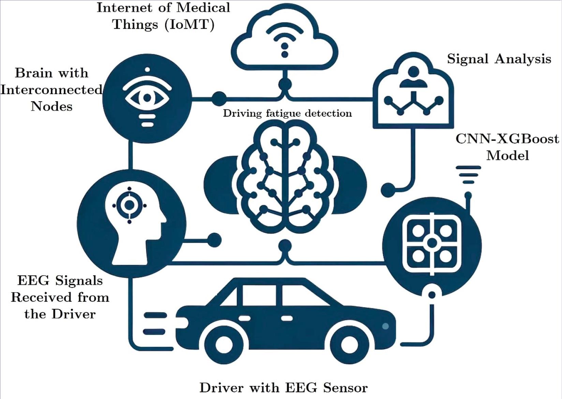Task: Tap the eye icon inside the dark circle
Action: pyautogui.click(x=147, y=98)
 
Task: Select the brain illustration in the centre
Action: pyautogui.click(x=285, y=177)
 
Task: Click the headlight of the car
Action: pyautogui.click(x=385, y=326)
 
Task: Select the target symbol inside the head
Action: pyautogui.click(x=129, y=205)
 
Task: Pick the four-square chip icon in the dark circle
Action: pyautogui.click(x=432, y=243)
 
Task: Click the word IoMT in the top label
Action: pyautogui.click(x=189, y=25)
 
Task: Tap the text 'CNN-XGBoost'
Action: pyautogui.click(x=507, y=139)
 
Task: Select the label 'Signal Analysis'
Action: pyautogui.click(x=499, y=59)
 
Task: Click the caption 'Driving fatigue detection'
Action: pyautogui.click(x=287, y=113)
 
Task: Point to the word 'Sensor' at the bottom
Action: pyautogui.click(x=345, y=388)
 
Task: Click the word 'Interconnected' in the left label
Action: pyautogui.click(x=51, y=90)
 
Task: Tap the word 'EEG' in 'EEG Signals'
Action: pyautogui.click(x=33, y=281)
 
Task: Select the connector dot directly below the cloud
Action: pyautogui.click(x=285, y=84)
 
